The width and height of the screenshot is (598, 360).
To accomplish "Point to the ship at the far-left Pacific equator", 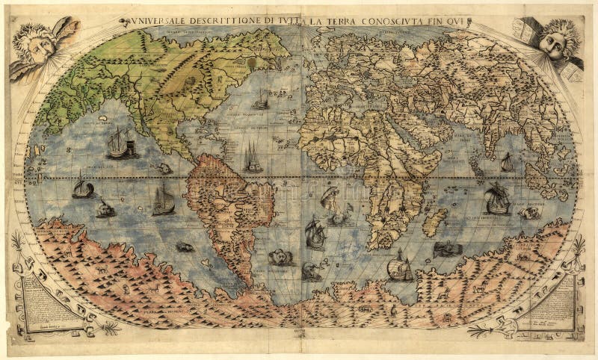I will pos(81,187).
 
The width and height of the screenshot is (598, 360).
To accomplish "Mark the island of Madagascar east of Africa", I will pos(434,221).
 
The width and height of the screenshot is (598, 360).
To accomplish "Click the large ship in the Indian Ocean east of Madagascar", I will pos(496,199).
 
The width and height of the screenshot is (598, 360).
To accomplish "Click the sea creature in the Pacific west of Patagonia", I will pos(184,246).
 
